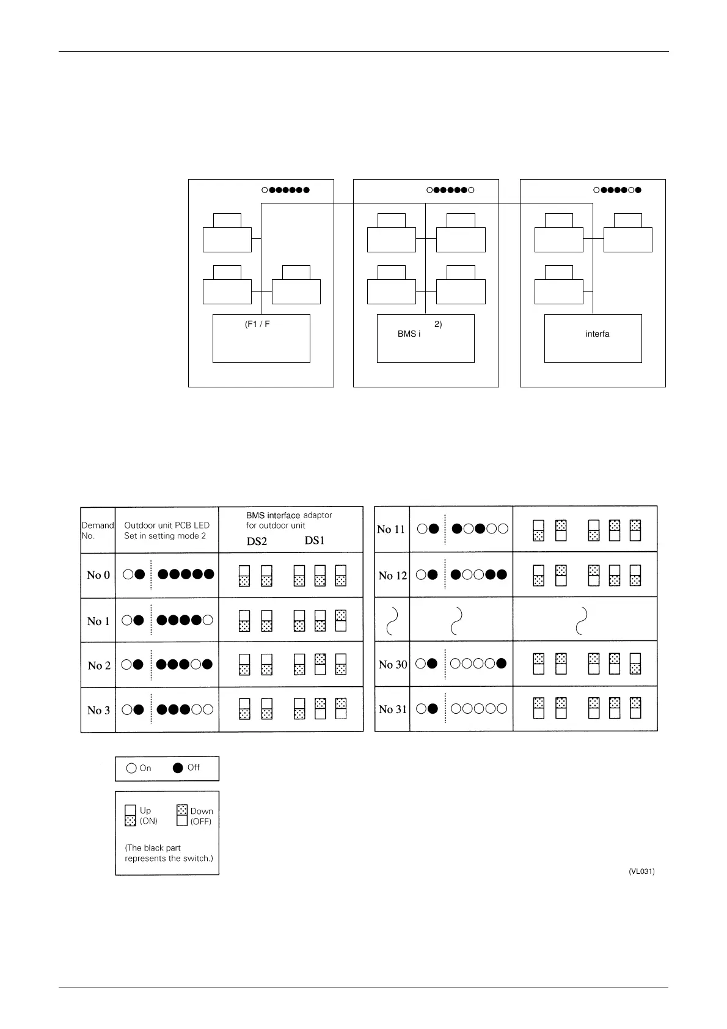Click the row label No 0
point(98,575)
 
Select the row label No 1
point(98,621)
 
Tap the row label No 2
point(99,665)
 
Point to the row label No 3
point(98,710)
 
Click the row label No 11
point(391,529)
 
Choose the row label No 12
point(392,576)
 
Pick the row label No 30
point(392,664)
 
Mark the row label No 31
point(392,709)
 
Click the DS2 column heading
point(257,541)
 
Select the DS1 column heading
point(315,541)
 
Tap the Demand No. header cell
point(98,530)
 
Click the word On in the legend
point(145,768)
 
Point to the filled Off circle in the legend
point(178,768)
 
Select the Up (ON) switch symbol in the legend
point(131,816)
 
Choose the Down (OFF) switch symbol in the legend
point(181,816)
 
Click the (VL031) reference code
point(641,871)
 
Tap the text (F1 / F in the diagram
point(257,324)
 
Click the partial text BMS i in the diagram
point(409,334)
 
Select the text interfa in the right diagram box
point(597,334)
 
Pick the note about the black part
point(169,853)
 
